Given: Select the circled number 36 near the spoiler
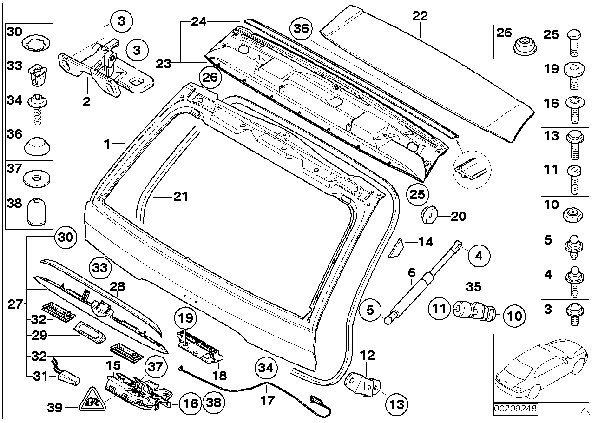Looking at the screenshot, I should pyautogui.click(x=301, y=28).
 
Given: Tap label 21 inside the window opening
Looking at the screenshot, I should pyautogui.click(x=180, y=197).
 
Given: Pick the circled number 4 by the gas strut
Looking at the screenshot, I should pyautogui.click(x=479, y=255).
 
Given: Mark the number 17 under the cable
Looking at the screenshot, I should pyautogui.click(x=268, y=399).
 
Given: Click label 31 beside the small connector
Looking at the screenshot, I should pyautogui.click(x=41, y=375).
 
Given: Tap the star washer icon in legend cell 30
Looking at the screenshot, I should pyautogui.click(x=35, y=45).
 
